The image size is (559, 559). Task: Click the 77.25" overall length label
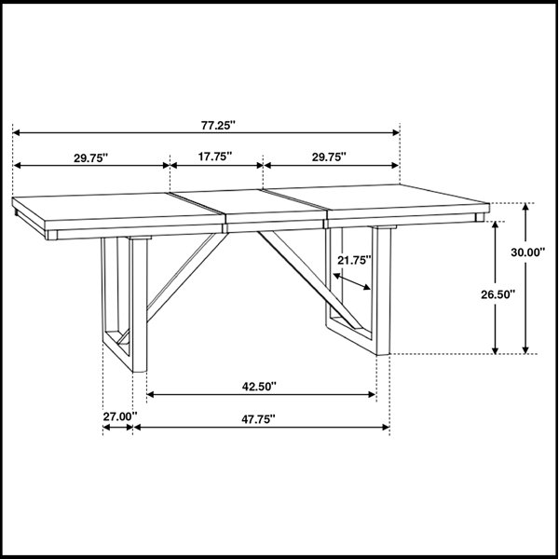[x=218, y=126]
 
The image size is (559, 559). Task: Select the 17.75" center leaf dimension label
[x=215, y=157]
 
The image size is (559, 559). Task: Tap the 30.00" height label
[x=528, y=252]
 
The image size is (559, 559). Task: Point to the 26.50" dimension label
[x=498, y=294]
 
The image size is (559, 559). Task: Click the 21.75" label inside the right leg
[x=354, y=261]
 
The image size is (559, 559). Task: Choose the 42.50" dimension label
[x=259, y=387]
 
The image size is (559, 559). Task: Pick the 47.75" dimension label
[x=258, y=419]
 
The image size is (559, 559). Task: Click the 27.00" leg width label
[x=120, y=416]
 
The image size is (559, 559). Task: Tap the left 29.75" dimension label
[x=90, y=158]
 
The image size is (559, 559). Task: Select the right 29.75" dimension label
[x=329, y=157]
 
